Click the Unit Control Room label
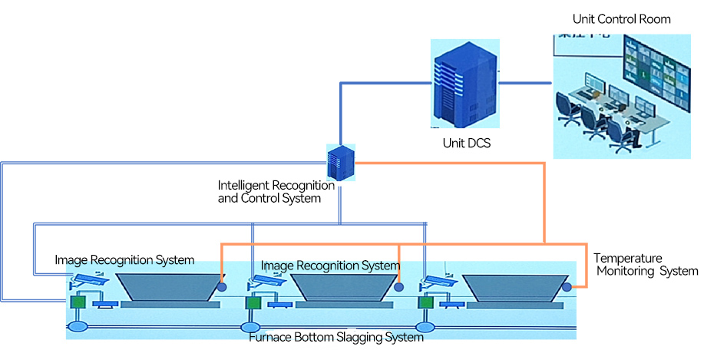pyautogui.click(x=621, y=19)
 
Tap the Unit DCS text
pyautogui.click(x=466, y=143)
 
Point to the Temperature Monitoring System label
pyautogui.click(x=646, y=265)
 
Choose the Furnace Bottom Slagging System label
pyautogui.click(x=336, y=337)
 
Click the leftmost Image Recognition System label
pyautogui.click(x=124, y=260)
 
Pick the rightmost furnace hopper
pyautogui.click(x=512, y=289)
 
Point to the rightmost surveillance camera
pyautogui.click(x=434, y=285)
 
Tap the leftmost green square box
pyautogui.click(x=78, y=302)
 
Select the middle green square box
pyautogui.click(x=252, y=304)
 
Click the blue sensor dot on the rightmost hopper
pyautogui.click(x=567, y=287)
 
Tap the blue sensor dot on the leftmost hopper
pyautogui.click(x=222, y=287)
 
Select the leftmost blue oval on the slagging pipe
pyautogui.click(x=78, y=328)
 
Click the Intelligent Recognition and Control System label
pyautogui.click(x=276, y=191)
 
